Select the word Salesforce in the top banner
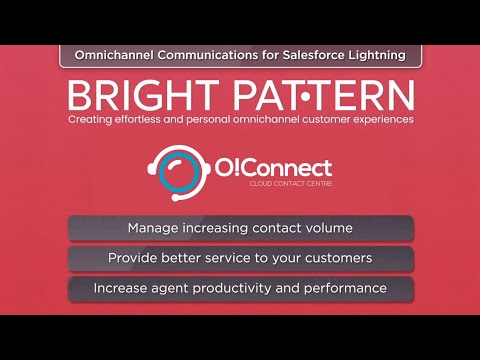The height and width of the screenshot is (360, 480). [316, 55]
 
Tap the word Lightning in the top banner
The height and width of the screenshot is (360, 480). [376, 55]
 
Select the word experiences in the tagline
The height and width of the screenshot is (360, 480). [378, 120]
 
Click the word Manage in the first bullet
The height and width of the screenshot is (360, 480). [153, 228]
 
